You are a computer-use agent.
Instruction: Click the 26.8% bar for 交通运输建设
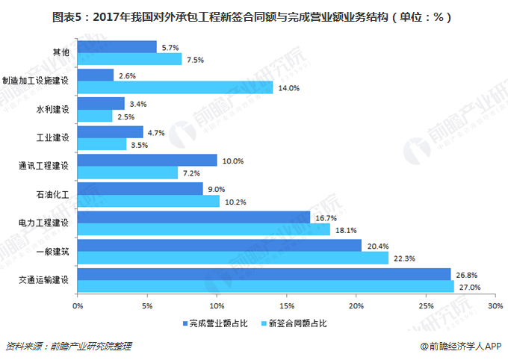point(264,274)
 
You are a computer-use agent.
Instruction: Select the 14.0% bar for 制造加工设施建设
point(175,87)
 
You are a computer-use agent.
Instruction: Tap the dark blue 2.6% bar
point(95,75)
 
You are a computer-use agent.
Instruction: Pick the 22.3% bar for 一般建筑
point(232,258)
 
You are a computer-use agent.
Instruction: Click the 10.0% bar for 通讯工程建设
point(146,161)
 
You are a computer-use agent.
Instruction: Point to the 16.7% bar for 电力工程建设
point(193,217)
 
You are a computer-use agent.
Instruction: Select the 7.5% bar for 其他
point(129,59)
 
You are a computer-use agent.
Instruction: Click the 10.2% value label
point(235,201)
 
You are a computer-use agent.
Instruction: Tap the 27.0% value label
point(470,287)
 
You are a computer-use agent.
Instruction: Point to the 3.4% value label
point(138,104)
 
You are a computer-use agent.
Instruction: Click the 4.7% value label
point(156,132)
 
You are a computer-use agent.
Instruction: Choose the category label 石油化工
point(53,195)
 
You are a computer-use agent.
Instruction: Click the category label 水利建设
point(53,110)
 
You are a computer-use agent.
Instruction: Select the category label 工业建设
point(53,138)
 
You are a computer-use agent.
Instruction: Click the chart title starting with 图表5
point(253,16)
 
